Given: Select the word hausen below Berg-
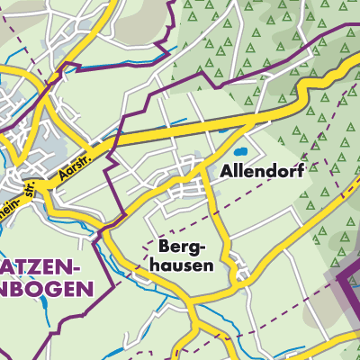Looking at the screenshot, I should [x=183, y=265].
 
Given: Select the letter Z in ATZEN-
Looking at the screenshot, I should [x=31, y=269].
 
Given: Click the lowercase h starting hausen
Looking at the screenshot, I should [x=157, y=265].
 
